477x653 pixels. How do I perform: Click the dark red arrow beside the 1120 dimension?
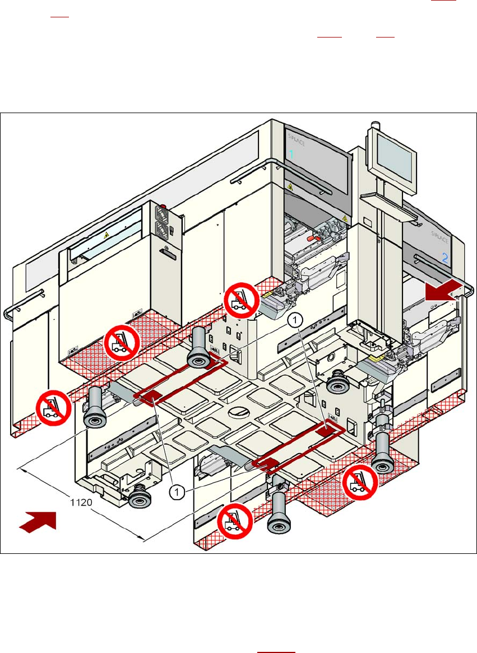click(x=38, y=520)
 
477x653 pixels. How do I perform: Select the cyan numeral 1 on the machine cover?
click(x=291, y=154)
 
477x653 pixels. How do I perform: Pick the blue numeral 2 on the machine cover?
click(x=444, y=258)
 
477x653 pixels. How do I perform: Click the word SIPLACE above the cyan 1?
click(x=295, y=136)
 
